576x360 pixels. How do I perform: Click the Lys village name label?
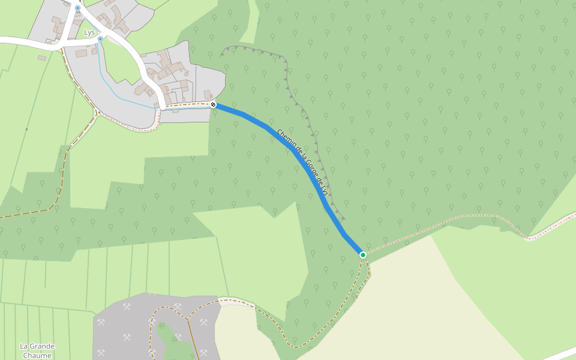[89, 32]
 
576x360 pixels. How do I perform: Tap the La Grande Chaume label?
[37, 350]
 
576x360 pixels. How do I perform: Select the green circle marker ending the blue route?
[363, 255]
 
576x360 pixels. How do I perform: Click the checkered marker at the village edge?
[213, 104]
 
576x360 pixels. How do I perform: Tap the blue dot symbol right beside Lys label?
[100, 38]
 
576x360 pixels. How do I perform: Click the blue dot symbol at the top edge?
[77, 8]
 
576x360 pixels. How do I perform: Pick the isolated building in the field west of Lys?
[41, 58]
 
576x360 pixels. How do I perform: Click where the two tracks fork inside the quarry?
[187, 317]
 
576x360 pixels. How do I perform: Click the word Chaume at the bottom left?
[37, 355]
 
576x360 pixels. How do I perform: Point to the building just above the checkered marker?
[208, 95]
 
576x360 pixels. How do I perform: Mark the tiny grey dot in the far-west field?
[26, 129]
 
